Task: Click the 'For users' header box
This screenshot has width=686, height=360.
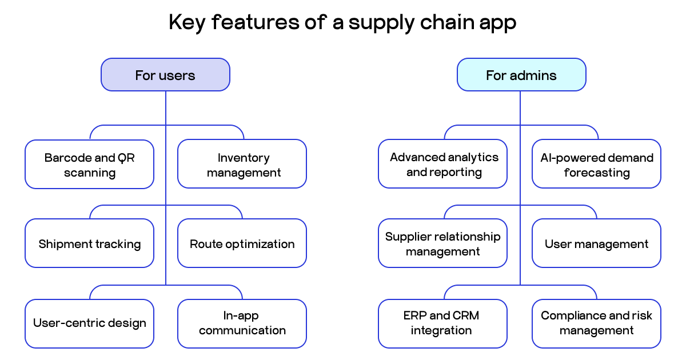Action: pos(165,75)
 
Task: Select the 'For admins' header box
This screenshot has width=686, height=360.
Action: pos(521,75)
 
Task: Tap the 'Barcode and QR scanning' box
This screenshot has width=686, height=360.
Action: pos(89,165)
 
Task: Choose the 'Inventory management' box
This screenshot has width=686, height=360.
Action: pos(242,165)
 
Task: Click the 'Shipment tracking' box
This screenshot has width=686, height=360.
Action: pos(89,244)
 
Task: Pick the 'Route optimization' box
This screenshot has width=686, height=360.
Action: pos(242,244)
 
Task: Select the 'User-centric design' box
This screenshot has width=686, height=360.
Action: pos(89,323)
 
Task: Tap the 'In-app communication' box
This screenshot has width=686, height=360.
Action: pos(242,323)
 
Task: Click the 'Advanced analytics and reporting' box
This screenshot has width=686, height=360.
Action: pos(442,165)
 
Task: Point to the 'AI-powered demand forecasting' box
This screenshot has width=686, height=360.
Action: pos(596,165)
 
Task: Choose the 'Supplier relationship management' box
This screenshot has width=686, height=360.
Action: pos(442,244)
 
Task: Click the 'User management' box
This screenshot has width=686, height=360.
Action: pos(596,244)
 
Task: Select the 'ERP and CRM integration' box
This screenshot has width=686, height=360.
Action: pos(442,323)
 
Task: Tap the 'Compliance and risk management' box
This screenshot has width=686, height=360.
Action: pos(596,323)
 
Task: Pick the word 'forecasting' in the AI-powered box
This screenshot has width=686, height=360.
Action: pos(596,173)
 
